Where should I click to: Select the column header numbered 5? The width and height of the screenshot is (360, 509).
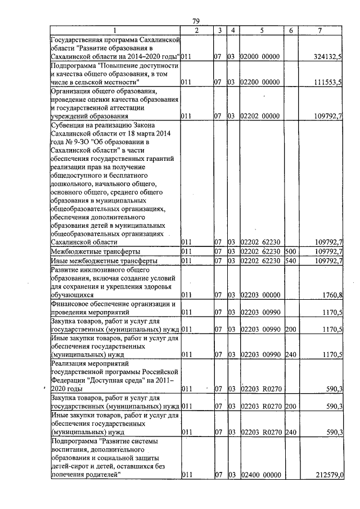click(x=262, y=30)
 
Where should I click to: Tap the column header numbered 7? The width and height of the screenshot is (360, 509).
click(x=319, y=30)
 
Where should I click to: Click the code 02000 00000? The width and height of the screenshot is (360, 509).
click(x=260, y=56)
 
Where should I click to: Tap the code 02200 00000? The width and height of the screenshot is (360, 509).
click(x=260, y=82)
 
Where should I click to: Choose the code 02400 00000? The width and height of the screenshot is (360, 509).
click(x=260, y=475)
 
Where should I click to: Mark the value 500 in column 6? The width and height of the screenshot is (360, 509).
click(x=290, y=251)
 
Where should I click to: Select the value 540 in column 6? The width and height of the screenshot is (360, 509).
click(x=290, y=262)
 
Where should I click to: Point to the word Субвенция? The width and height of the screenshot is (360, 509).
click(x=69, y=124)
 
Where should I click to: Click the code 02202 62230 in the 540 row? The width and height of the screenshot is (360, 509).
click(x=260, y=262)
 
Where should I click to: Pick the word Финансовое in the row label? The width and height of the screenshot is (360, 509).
click(x=70, y=303)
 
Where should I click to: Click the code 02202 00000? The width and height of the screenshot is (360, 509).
click(x=260, y=116)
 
